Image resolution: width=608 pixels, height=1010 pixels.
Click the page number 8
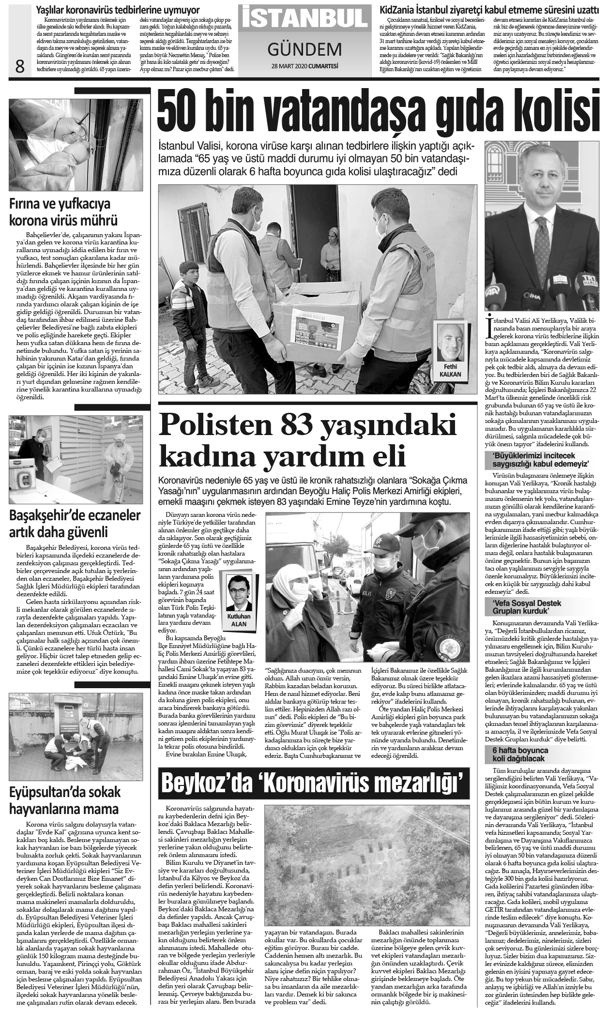(19, 66)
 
